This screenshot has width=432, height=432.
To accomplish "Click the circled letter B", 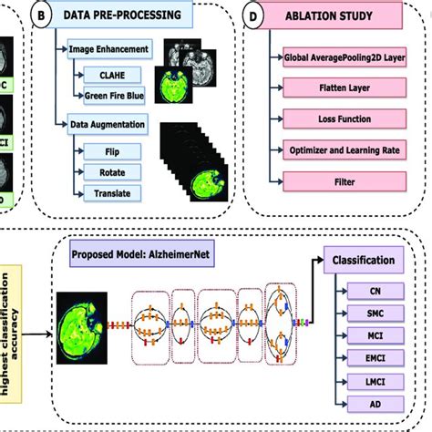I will click(x=40, y=15).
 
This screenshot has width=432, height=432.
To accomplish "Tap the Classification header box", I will click(x=364, y=260).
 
